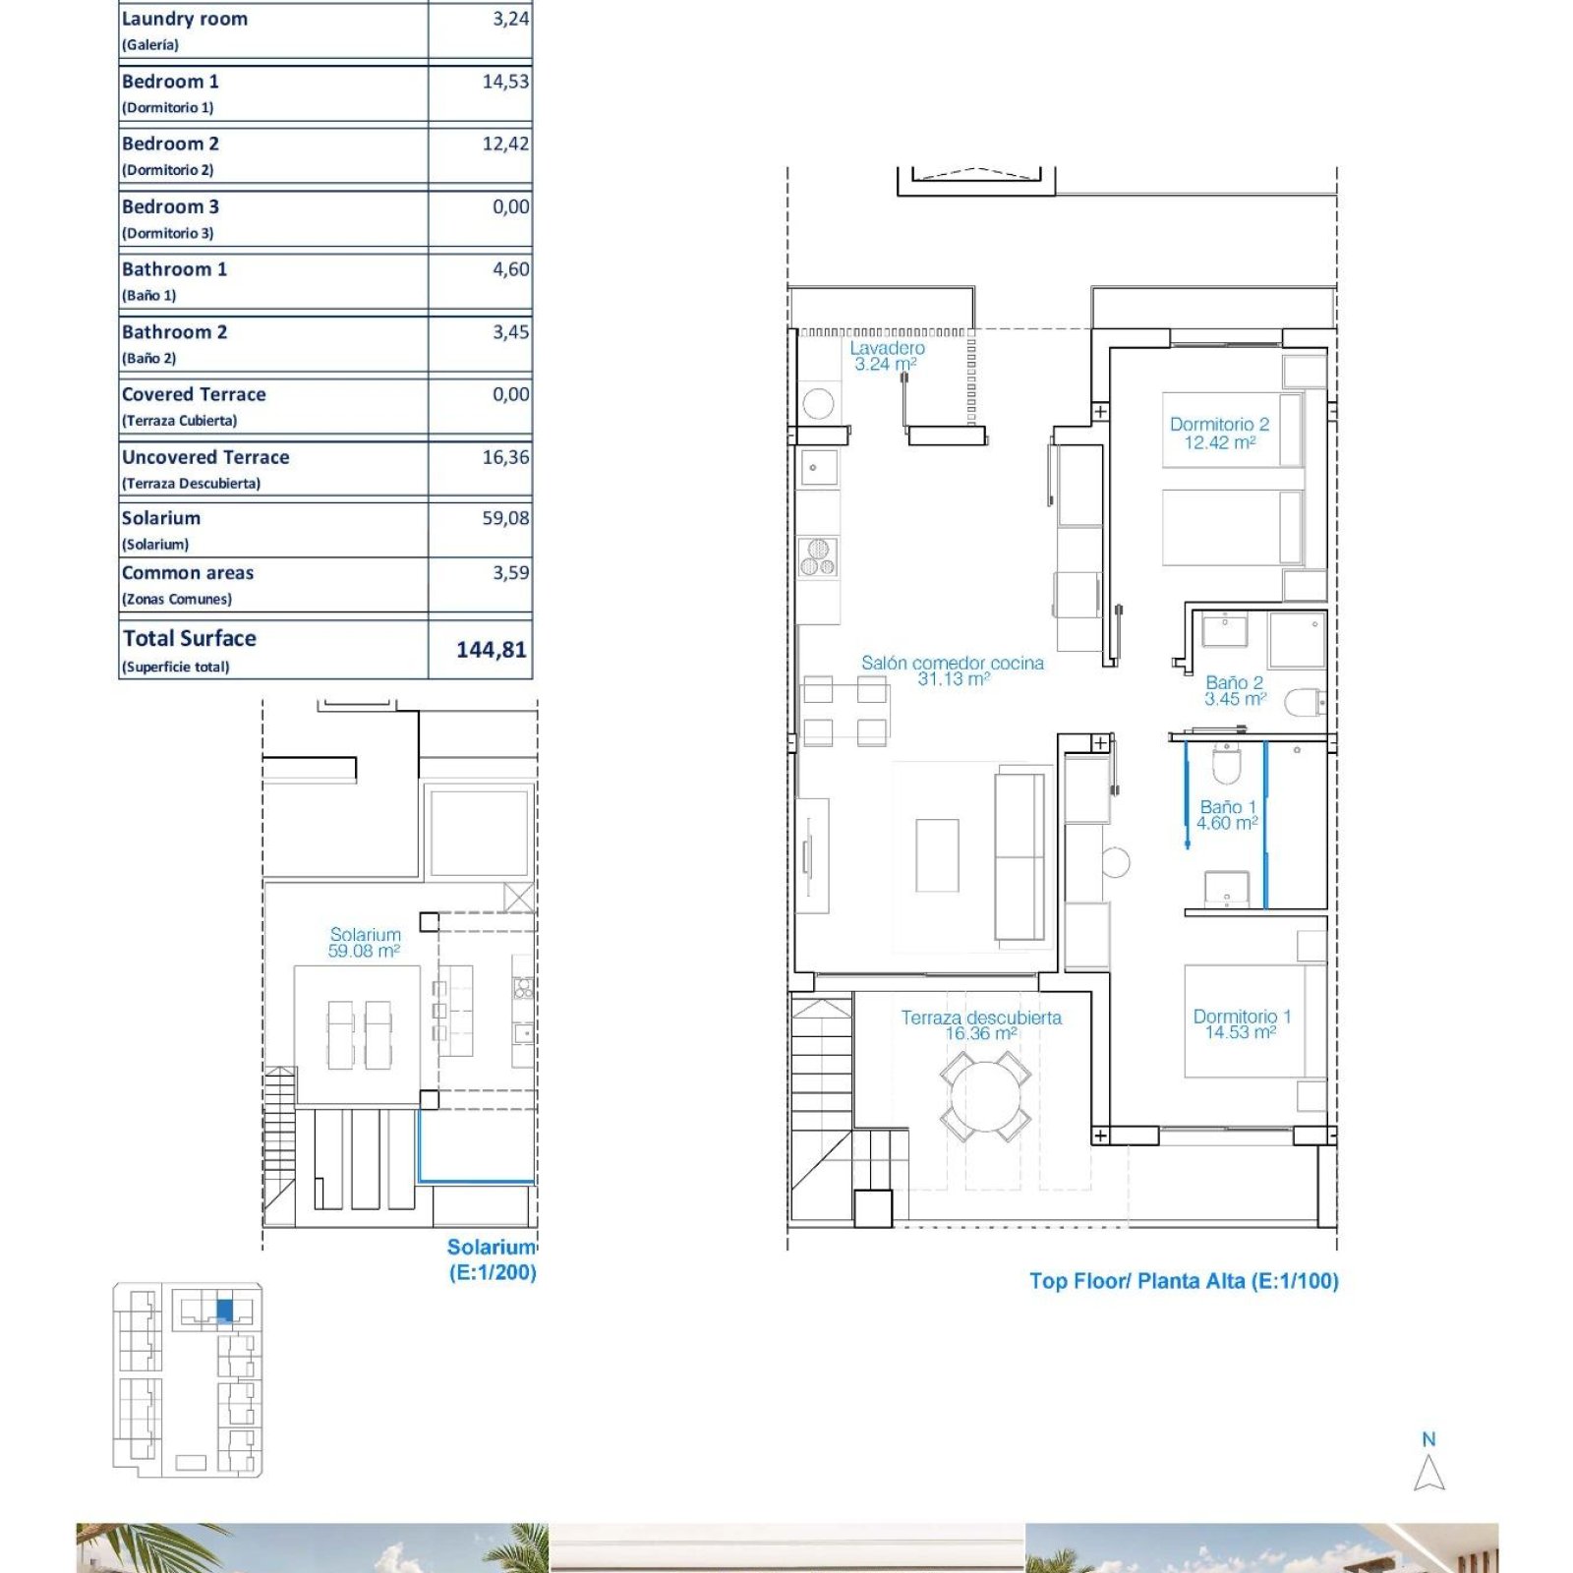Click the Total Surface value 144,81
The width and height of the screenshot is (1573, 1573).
tap(491, 650)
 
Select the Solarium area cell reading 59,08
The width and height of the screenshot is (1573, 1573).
tap(505, 518)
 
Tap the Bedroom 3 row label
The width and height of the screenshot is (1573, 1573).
tap(170, 206)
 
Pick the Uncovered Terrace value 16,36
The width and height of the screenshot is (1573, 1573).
tap(505, 457)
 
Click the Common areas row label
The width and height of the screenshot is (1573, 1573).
tap(188, 572)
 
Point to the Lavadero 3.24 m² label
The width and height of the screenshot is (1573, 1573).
tap(887, 356)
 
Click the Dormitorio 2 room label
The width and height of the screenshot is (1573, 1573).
tap(1219, 434)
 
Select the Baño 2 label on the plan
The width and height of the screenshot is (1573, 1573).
tap(1235, 690)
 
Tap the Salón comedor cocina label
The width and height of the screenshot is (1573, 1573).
tap(953, 670)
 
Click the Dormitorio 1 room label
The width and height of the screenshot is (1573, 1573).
tap(1242, 1023)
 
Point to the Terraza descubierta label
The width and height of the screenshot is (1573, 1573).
tap(981, 1025)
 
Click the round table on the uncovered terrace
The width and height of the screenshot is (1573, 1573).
tap(985, 1097)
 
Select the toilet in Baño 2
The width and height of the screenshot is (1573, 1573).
tap(1305, 702)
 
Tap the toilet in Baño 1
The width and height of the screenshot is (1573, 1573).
tap(1227, 764)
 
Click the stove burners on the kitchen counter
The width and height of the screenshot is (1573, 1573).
tap(818, 557)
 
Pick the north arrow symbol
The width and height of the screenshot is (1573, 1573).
tap(1429, 1473)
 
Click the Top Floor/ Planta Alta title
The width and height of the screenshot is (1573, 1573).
tap(1184, 1281)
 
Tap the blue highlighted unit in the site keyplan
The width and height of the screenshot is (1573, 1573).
tap(224, 1311)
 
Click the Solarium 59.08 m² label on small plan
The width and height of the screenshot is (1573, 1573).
tap(365, 943)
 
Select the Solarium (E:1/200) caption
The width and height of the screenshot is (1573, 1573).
tap(492, 1259)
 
